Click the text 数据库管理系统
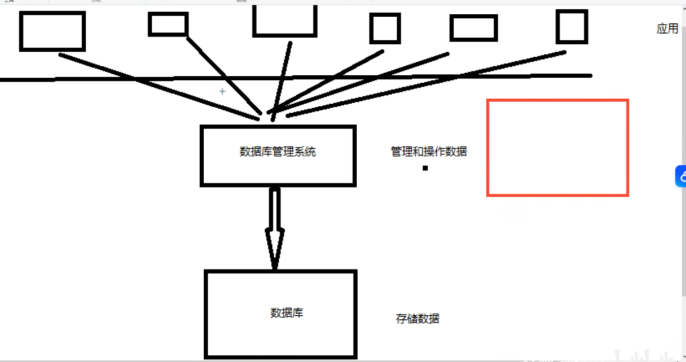[277, 152]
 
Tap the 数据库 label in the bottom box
[287, 313]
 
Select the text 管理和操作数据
[428, 152]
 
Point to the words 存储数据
[417, 319]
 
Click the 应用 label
[667, 28]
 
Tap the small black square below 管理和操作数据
[425, 168]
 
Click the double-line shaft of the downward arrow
[274, 208]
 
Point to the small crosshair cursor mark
[222, 92]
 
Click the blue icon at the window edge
[681, 176]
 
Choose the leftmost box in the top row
[52, 32]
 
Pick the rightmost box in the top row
[572, 26]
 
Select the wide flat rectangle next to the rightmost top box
[473, 28]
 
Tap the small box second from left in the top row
[168, 24]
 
